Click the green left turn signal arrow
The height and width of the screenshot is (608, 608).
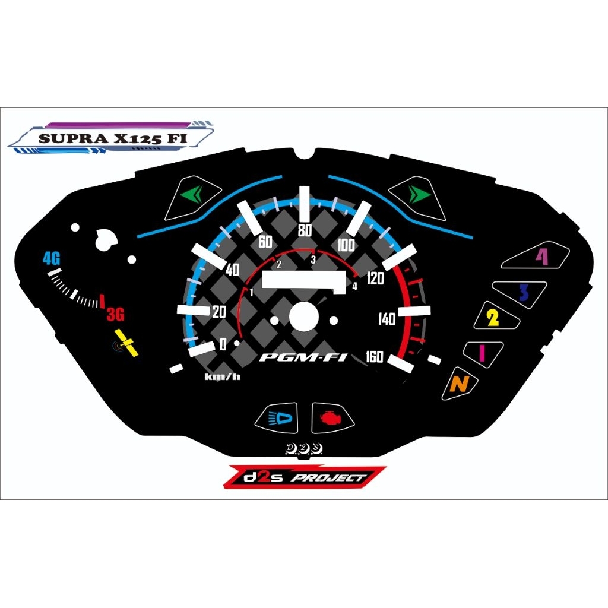[x=192, y=194]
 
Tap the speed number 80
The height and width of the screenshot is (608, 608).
[x=305, y=230]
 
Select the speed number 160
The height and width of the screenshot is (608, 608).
[x=374, y=356]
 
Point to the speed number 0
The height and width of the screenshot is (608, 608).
[x=223, y=344]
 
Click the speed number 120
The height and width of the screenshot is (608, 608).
[x=375, y=278]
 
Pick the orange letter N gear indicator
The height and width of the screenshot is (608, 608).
[x=460, y=384]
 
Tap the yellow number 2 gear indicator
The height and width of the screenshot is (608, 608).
[x=492, y=318]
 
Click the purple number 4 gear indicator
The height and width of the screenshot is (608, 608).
[x=542, y=256]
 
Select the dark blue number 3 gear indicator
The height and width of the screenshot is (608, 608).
[x=524, y=293]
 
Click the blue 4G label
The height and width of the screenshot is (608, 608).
[x=52, y=258]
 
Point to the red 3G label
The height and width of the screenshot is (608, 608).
[x=116, y=315]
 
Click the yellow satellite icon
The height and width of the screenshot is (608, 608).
[x=125, y=343]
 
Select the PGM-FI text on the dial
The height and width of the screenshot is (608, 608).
[x=303, y=357]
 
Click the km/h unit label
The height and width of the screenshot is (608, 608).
[x=223, y=376]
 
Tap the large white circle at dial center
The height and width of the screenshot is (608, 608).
[x=304, y=317]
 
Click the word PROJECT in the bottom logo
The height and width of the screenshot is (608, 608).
[x=328, y=478]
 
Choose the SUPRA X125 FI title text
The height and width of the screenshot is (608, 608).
[x=112, y=138]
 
